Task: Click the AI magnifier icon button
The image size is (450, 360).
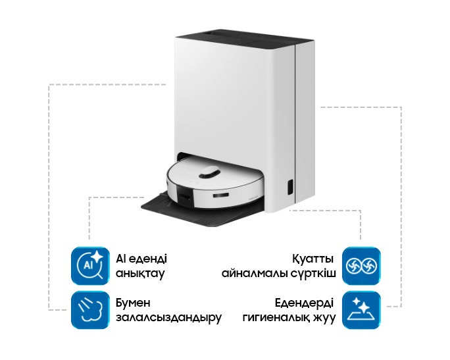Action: coord(91,266)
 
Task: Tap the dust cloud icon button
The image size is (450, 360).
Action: coord(91,310)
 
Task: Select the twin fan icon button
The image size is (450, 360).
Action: coord(361,266)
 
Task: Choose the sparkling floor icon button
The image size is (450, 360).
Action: coord(361,310)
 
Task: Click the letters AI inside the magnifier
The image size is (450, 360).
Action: coord(87,266)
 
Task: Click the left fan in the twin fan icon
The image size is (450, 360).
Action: coord(353,266)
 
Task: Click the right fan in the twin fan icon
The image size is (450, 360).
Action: coord(369,266)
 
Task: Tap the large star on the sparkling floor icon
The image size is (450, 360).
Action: coord(359,304)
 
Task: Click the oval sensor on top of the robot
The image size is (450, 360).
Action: coord(210,172)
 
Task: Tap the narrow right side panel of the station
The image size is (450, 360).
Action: coord(305,118)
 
